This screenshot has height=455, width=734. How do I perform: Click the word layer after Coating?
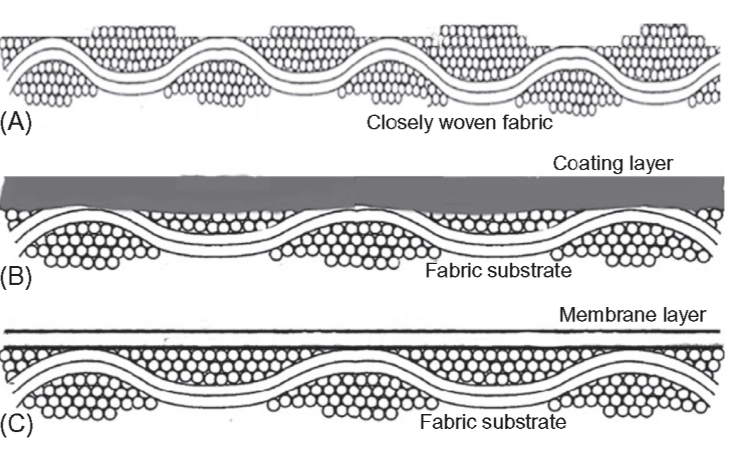tap(648, 164)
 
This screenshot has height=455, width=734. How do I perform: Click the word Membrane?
tap(594, 315)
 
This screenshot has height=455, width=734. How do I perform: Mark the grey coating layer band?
tap(362, 192)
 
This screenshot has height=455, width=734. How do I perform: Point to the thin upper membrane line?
tap(362, 332)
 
